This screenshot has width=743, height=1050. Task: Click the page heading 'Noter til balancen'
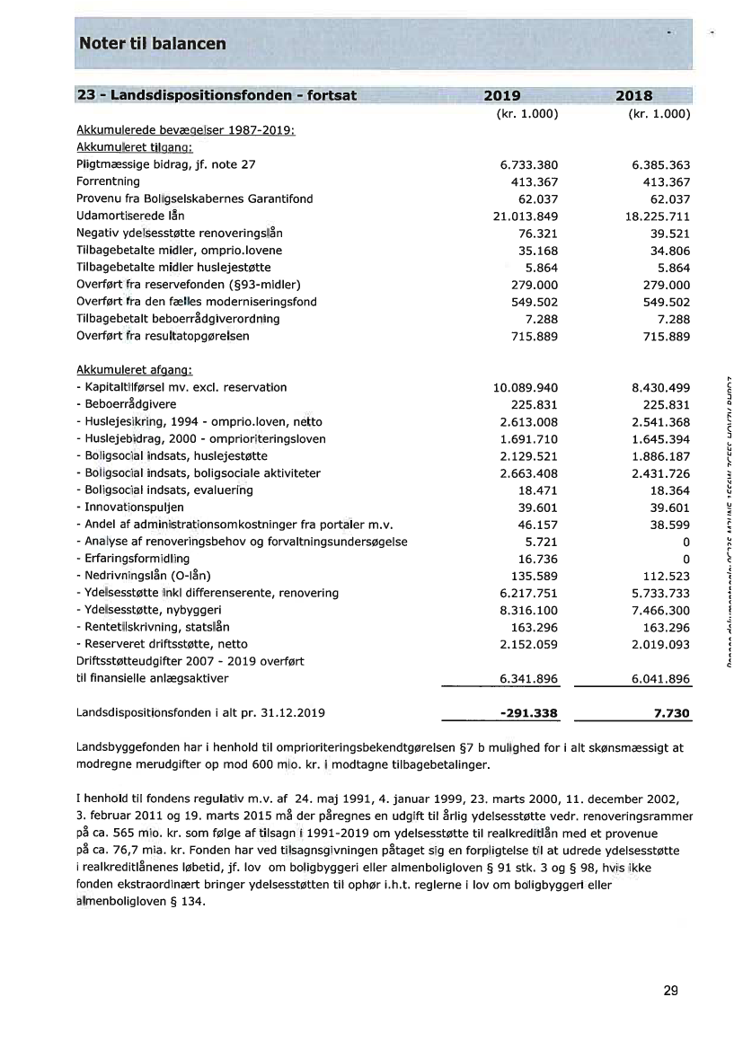[x=153, y=43]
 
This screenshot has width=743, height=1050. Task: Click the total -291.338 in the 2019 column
[x=528, y=713]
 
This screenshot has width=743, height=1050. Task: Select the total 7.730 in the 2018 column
[x=672, y=713]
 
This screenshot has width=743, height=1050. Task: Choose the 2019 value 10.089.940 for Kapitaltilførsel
[x=526, y=387]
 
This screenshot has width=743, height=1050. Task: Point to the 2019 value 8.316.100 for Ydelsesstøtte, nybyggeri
[x=528, y=610]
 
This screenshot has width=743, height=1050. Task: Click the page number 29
[x=670, y=992]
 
